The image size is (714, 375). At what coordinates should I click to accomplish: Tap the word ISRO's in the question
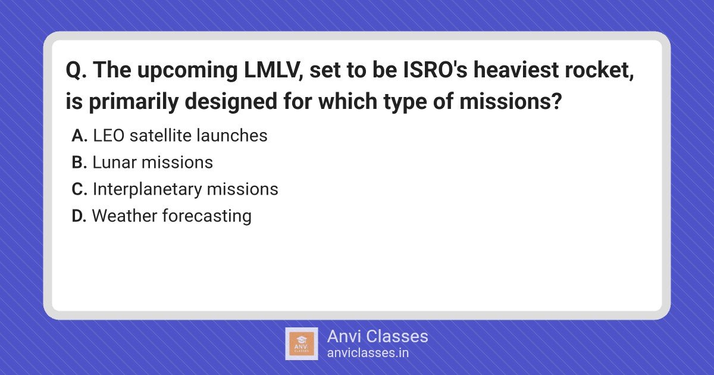(435, 70)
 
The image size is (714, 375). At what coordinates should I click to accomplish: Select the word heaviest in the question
(516, 70)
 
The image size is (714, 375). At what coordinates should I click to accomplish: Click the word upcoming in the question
(188, 71)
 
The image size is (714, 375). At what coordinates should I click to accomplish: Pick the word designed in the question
(231, 102)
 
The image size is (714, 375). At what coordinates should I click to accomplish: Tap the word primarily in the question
(133, 102)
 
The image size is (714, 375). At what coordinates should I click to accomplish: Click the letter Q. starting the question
(76, 70)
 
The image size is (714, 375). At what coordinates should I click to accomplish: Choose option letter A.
(79, 136)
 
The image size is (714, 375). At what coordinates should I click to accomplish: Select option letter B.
(79, 162)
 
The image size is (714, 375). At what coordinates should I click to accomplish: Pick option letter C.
(79, 189)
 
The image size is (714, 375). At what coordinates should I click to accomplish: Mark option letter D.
(79, 216)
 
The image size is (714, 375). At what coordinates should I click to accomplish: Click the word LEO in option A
(109, 136)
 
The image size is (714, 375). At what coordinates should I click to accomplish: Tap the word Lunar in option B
(115, 162)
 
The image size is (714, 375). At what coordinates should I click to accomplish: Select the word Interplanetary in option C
(148, 190)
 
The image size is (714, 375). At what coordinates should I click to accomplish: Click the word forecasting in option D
(207, 217)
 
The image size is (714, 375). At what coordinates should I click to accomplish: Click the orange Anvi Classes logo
(302, 344)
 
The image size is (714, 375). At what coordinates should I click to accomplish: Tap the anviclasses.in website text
(368, 353)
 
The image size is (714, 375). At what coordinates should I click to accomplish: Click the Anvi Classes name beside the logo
(378, 336)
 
